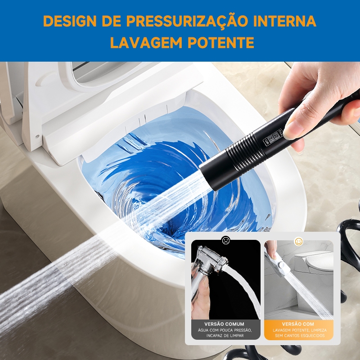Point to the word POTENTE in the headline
221,42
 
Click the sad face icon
226,240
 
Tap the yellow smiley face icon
298,241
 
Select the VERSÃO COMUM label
224,324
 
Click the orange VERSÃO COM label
298,324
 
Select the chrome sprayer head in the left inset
210,262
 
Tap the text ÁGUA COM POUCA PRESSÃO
225,330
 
